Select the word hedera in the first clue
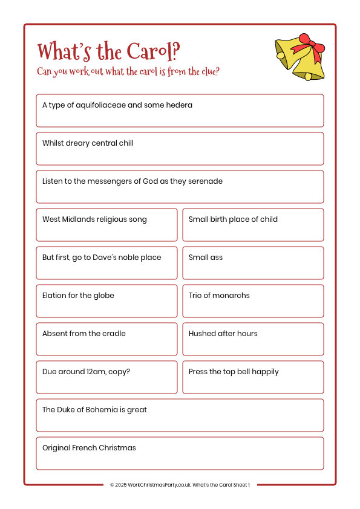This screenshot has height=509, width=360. [180, 105]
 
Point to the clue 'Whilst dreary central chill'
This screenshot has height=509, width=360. [88, 143]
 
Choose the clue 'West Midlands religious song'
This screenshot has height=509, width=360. [94, 219]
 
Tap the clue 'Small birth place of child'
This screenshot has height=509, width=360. [233, 219]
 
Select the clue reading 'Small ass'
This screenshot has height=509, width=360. [206, 258]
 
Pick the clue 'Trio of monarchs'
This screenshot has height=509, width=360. [219, 296]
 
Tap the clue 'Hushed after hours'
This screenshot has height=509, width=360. [223, 334]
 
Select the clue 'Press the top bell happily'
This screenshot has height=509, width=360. [234, 372]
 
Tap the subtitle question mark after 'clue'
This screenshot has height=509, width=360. [217, 71]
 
